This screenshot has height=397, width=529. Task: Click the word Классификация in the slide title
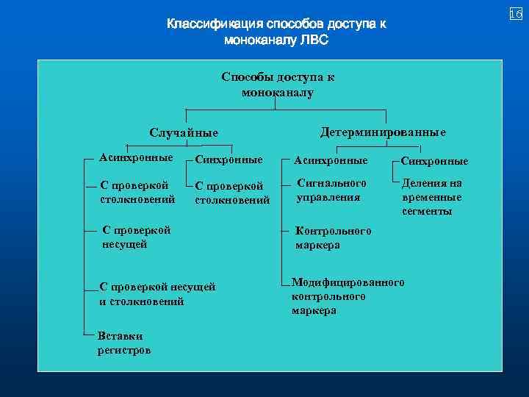click(x=213, y=24)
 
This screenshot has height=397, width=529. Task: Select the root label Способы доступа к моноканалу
click(x=277, y=85)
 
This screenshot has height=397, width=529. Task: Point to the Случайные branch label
click(x=184, y=133)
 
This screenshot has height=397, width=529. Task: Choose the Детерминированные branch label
click(x=383, y=132)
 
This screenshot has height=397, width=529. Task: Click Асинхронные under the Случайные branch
click(x=137, y=157)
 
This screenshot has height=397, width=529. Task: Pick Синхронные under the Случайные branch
click(x=228, y=160)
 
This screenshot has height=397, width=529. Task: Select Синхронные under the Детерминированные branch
click(x=434, y=161)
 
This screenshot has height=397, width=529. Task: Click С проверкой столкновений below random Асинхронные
click(x=137, y=192)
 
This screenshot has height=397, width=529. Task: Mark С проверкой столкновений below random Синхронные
click(x=232, y=193)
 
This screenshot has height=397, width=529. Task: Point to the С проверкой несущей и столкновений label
click(x=157, y=294)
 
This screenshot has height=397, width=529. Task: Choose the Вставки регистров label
click(x=123, y=343)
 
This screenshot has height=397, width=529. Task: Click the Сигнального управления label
click(x=331, y=190)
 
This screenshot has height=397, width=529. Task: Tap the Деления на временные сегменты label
click(x=432, y=197)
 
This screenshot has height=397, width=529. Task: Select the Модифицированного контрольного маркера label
click(x=348, y=296)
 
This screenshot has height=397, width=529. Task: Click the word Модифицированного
click(x=348, y=282)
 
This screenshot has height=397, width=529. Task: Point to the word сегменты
click(x=427, y=211)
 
